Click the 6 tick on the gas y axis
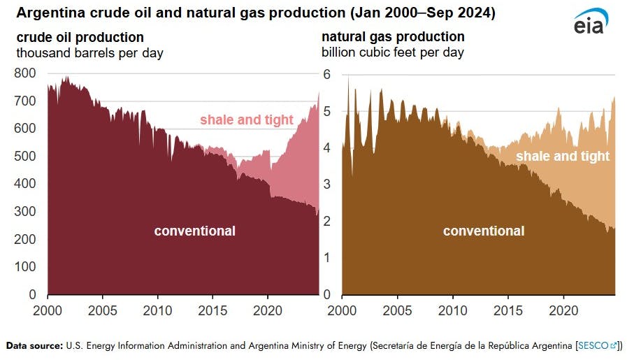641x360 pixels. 327,73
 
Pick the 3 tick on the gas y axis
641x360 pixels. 327,185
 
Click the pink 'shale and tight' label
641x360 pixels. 247,120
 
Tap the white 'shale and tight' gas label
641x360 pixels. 563,157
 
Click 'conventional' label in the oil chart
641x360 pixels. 194,231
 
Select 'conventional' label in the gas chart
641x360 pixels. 484,231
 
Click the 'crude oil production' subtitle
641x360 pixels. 80,38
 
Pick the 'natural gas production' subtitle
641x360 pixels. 393,37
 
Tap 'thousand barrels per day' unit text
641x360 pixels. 89,53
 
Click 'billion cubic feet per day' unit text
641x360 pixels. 393,52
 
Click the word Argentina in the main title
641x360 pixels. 48,13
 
